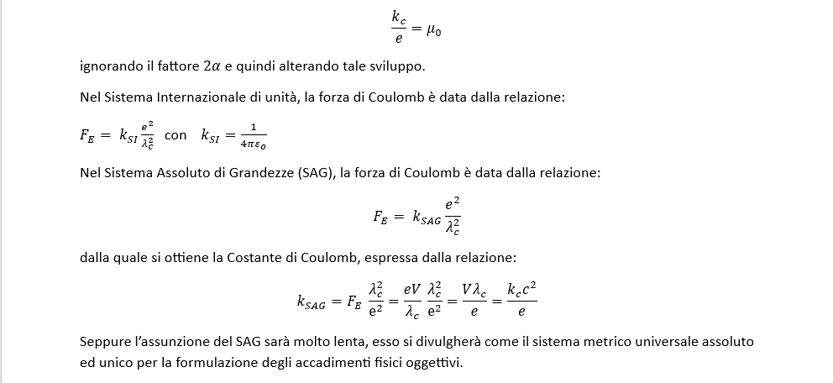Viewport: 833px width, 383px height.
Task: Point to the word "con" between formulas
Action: tap(176, 134)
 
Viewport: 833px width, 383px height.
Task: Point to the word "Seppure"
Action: tap(106, 343)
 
